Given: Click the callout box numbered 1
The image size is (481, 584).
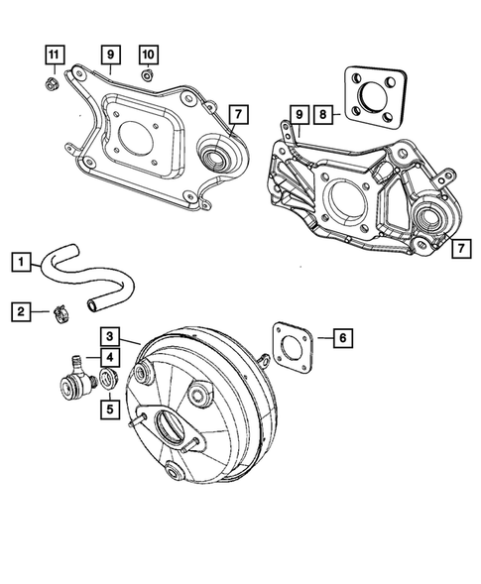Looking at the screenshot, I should pyautogui.click(x=20, y=262).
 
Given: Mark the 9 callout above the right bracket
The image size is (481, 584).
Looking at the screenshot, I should pyautogui.click(x=298, y=115).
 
